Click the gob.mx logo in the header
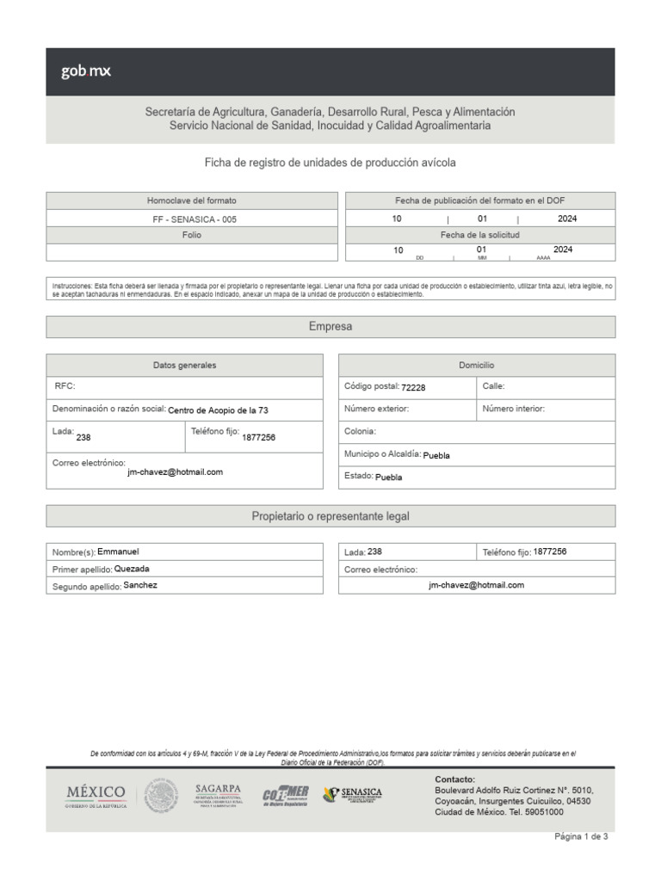85,72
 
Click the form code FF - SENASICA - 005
194,219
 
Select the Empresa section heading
330,327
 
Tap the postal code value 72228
413,388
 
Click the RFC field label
65,387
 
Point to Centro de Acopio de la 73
223,411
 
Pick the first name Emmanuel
118,551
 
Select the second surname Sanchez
140,585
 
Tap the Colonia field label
360,431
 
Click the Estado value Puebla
389,477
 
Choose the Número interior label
514,410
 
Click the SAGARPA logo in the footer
218,794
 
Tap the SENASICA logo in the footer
353,794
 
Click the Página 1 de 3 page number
582,836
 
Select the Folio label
192,235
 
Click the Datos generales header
185,366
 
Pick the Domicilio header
477,366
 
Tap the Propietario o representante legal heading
330,516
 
